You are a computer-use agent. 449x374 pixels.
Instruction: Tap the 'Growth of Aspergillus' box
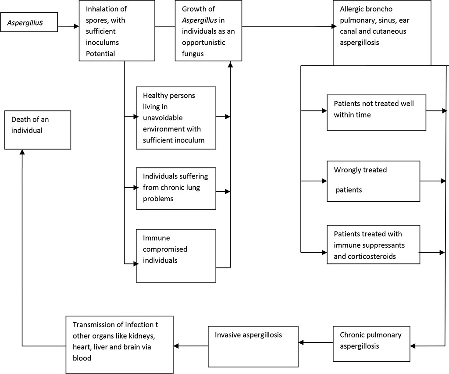[x=208, y=30]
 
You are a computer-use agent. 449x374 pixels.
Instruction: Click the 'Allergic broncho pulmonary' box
[x=382, y=32]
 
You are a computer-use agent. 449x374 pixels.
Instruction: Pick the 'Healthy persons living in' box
[x=176, y=118]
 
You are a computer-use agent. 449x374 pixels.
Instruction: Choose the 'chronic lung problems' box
[x=176, y=188]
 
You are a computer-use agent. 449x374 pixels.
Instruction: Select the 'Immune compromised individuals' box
[x=176, y=255]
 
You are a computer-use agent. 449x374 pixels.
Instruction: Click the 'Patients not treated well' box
[x=376, y=112]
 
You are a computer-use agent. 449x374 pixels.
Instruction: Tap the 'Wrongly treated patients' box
[x=373, y=181]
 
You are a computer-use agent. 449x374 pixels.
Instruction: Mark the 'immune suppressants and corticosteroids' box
[x=373, y=245]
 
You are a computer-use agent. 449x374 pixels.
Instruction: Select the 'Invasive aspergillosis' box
[x=253, y=346]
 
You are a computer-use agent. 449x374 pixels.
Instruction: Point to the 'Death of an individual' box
[x=37, y=130]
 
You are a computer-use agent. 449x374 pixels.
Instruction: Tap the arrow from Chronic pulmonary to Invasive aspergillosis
[x=315, y=342]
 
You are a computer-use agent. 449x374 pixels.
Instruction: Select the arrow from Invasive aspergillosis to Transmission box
[x=190, y=346]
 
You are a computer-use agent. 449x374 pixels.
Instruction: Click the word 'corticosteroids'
[x=371, y=256]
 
